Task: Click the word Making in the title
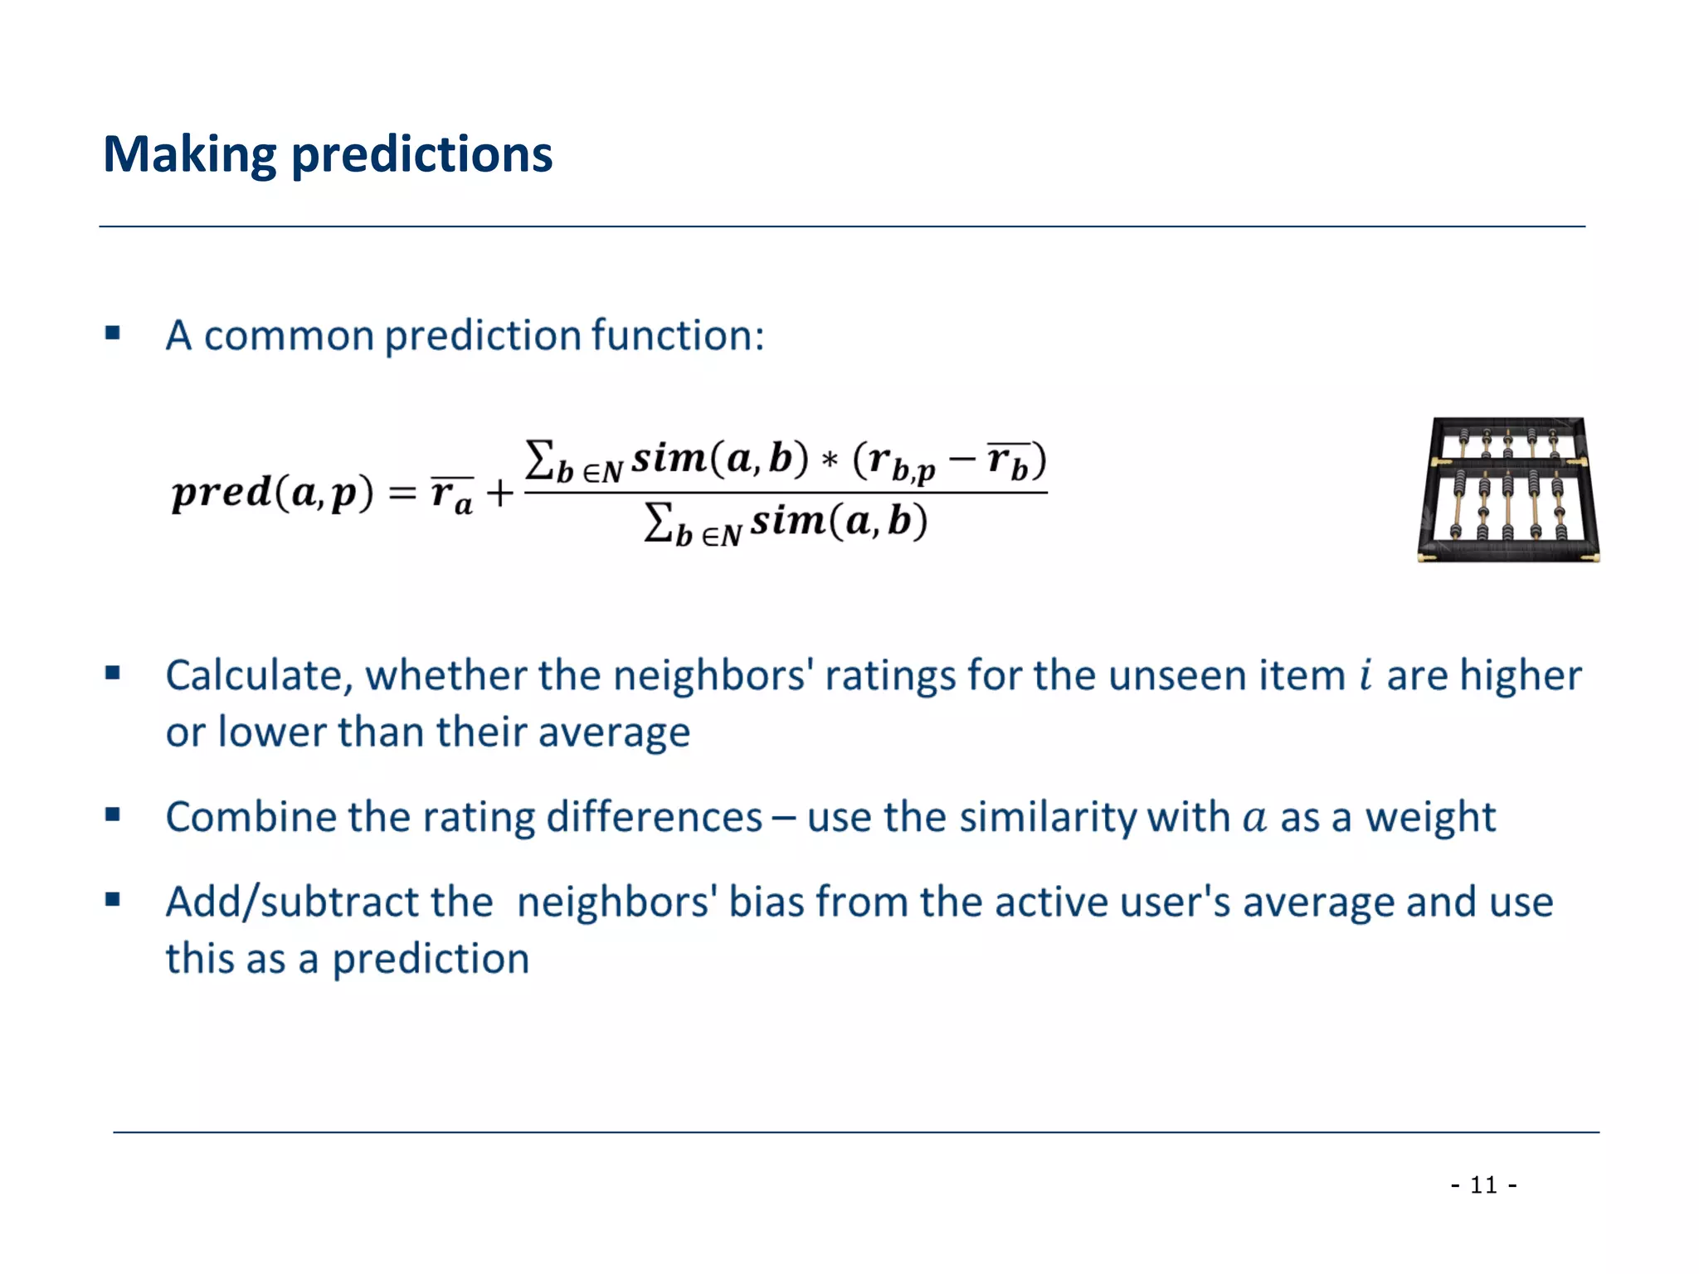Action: pos(189,155)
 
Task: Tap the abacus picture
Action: pos(1508,489)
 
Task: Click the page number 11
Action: pos(1483,1184)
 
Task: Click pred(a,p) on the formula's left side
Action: pos(272,493)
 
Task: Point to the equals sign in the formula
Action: pos(402,494)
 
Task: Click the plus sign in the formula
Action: pos(500,494)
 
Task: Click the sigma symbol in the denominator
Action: pos(657,523)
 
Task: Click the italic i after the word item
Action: pos(1365,674)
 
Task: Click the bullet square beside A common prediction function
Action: pos(113,334)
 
